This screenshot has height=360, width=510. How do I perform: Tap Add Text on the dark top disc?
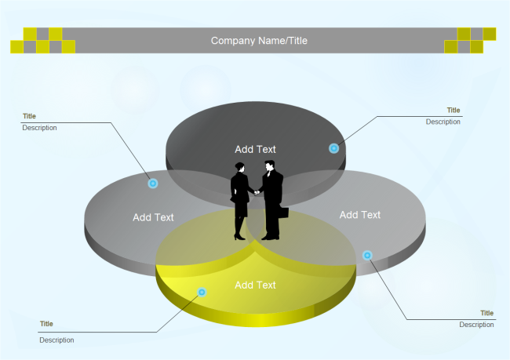(x=255, y=149)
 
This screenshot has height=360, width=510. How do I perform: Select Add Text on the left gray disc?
(x=153, y=217)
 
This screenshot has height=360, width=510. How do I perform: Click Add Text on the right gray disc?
(x=359, y=215)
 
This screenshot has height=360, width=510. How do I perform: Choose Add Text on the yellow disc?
(x=255, y=285)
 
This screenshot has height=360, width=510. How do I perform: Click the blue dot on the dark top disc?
(x=333, y=148)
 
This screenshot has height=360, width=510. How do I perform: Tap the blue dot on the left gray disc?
(x=153, y=184)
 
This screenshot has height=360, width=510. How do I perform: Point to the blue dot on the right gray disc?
(x=366, y=255)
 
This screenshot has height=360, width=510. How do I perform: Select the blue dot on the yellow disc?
(x=202, y=292)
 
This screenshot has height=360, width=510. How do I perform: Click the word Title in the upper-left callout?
(x=29, y=116)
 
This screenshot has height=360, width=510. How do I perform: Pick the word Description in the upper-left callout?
(x=39, y=128)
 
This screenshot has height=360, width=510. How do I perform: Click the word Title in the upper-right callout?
(x=454, y=111)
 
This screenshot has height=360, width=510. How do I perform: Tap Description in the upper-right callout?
(x=443, y=122)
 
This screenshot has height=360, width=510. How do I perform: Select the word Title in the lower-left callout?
(x=46, y=324)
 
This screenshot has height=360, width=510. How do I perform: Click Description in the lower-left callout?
(x=56, y=340)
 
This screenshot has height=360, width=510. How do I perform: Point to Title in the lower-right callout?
(x=487, y=313)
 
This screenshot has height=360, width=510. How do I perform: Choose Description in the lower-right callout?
(x=476, y=325)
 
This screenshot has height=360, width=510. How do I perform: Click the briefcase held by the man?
(x=283, y=212)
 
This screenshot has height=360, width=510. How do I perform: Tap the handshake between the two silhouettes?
(x=255, y=191)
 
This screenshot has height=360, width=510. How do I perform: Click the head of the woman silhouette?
(x=239, y=167)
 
